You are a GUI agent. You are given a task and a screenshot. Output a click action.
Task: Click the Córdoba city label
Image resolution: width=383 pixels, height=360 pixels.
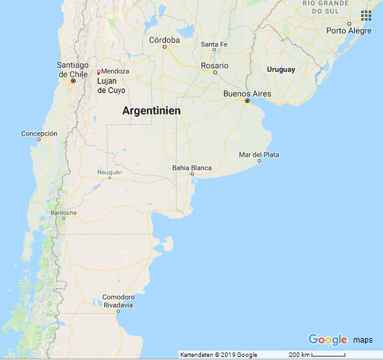(164, 40)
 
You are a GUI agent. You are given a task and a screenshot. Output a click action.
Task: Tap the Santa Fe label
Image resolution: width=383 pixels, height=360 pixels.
(214, 44)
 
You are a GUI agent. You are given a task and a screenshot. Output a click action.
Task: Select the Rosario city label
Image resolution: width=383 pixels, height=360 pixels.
(215, 65)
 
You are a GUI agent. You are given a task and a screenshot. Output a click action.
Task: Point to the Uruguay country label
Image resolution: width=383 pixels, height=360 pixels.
(281, 69)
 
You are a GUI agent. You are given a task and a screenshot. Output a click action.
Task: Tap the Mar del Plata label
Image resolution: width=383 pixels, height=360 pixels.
(259, 155)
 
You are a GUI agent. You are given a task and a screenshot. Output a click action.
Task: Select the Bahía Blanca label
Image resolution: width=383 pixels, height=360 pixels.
(192, 168)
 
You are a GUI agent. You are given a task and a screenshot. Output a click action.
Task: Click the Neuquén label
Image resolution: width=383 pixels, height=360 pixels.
(110, 172)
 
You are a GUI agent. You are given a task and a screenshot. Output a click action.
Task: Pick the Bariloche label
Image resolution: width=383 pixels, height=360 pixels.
(64, 213)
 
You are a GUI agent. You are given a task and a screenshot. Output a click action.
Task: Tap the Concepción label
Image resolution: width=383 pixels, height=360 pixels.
(39, 134)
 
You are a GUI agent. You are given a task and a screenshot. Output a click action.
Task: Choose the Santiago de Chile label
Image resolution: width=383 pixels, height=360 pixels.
(73, 69)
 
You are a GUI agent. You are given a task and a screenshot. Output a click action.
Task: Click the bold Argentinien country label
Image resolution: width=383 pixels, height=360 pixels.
(152, 111)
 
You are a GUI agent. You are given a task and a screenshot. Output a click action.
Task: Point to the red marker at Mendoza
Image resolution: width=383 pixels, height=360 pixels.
(99, 72)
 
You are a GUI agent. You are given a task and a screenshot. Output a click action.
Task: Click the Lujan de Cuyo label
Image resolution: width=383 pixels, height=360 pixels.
(111, 85)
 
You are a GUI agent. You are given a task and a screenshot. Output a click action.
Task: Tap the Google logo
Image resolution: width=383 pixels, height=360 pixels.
(327, 339)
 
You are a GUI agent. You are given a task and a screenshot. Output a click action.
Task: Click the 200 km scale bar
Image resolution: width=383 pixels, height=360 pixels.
(318, 355)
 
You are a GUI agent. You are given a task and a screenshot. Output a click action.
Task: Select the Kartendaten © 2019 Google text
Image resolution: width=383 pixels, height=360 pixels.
(218, 355)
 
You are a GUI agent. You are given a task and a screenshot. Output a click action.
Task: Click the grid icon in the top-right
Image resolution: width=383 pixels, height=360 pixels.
(366, 15)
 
